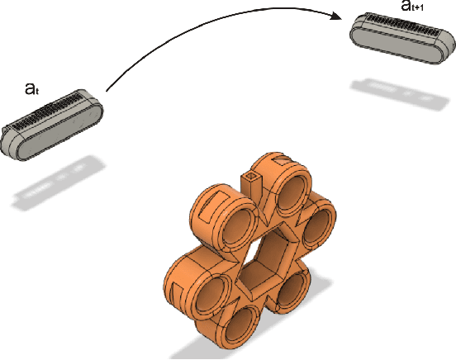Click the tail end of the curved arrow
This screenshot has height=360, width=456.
(x=106, y=91)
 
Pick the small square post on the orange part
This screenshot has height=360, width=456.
(x=250, y=183)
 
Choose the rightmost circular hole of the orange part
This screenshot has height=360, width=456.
(x=316, y=230)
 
